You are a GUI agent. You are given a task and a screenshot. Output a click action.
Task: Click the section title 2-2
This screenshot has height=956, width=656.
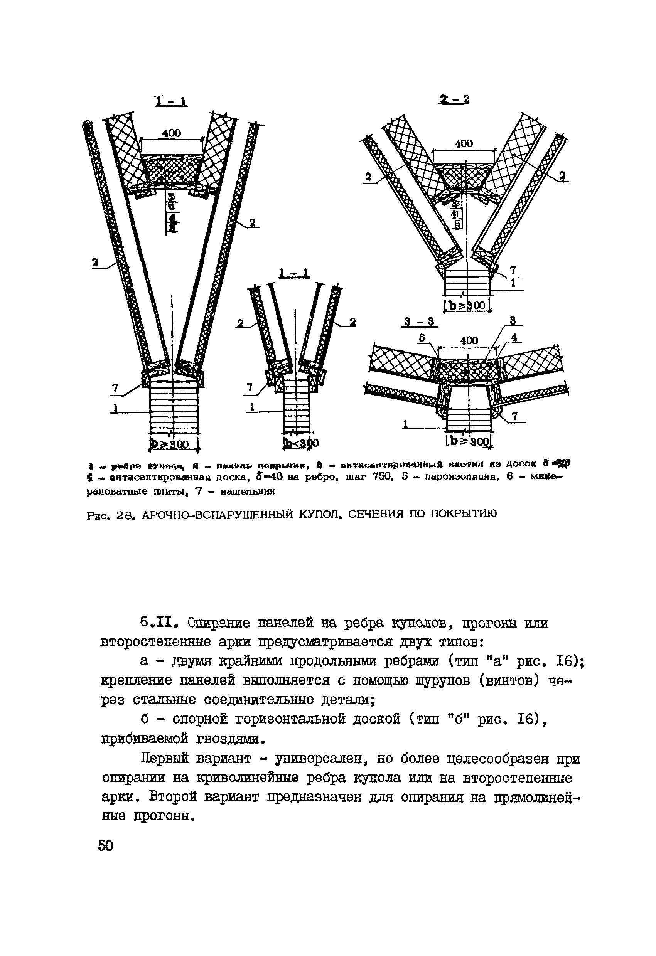[454, 99]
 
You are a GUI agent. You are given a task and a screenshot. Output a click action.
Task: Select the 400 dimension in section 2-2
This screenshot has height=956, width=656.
[464, 143]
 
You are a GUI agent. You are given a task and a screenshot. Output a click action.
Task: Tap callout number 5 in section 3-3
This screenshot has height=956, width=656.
[422, 337]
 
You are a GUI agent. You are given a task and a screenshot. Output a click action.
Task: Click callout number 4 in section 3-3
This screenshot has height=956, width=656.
[514, 337]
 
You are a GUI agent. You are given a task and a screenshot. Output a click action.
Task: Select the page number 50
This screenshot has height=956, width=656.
[105, 846]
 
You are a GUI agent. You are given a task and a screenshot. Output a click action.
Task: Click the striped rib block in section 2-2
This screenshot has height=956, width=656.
[467, 282]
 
